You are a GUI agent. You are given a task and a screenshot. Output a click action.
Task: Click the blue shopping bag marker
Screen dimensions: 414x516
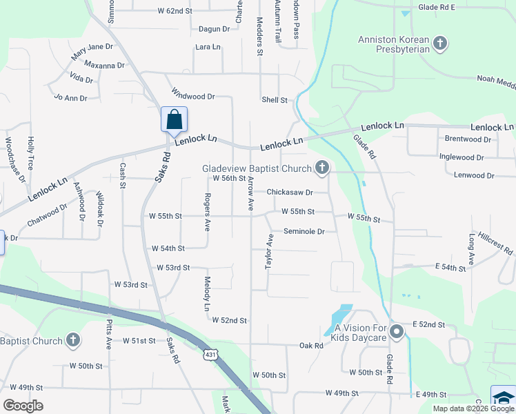174,119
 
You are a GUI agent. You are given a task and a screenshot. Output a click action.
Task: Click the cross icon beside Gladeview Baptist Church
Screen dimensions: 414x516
321,167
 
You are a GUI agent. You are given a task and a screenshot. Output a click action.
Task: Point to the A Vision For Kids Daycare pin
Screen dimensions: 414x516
396,332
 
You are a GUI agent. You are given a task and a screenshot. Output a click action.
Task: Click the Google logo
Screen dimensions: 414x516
23,405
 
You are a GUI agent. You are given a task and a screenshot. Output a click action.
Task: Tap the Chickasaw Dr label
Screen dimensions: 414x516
290,193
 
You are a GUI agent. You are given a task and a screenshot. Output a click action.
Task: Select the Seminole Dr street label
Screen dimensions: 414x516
304,232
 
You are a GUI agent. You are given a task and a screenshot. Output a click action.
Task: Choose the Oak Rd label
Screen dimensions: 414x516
311,345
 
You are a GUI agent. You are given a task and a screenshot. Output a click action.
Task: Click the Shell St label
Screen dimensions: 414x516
275,100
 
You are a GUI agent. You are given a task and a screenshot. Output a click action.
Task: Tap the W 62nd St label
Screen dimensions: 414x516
175,11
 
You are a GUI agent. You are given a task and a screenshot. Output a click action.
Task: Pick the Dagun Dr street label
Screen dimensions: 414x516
214,29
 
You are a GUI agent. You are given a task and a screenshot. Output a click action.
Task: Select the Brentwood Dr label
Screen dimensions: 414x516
468,139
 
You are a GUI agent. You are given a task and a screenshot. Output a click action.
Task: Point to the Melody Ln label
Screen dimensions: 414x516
207,293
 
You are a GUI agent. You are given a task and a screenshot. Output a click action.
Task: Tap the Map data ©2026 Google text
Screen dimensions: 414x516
473,408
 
